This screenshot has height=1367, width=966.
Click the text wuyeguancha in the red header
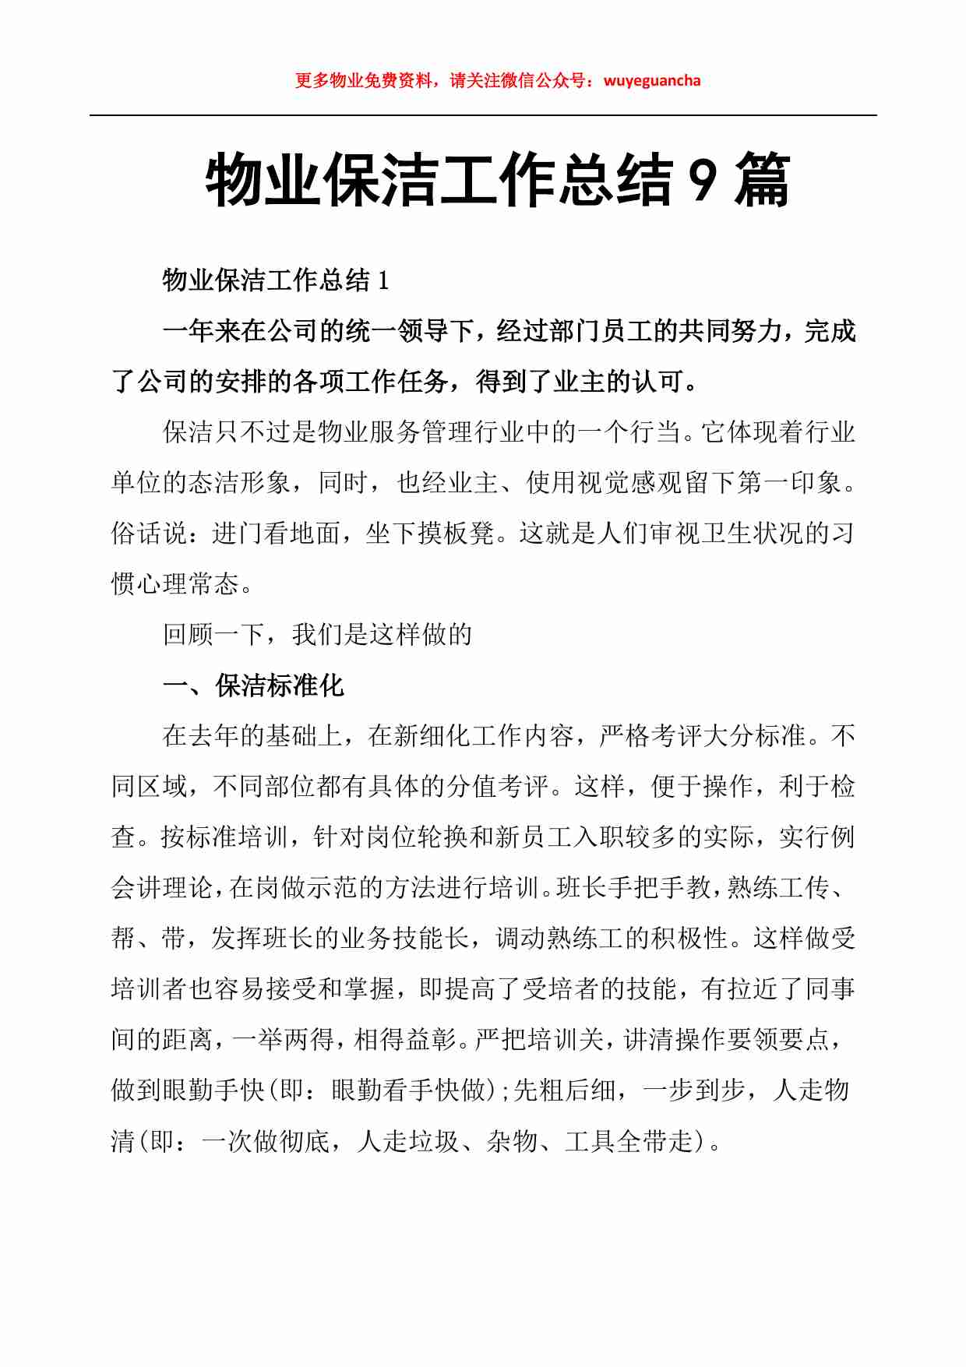[x=652, y=80]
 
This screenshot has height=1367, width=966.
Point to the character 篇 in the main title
[x=763, y=181]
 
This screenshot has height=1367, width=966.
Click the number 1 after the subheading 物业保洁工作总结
[x=383, y=280]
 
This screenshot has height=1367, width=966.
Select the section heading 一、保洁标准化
[x=253, y=685]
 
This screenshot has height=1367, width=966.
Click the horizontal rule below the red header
[x=483, y=115]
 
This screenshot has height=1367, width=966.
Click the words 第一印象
[x=788, y=483]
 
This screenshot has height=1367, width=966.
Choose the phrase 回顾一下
[x=213, y=635]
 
